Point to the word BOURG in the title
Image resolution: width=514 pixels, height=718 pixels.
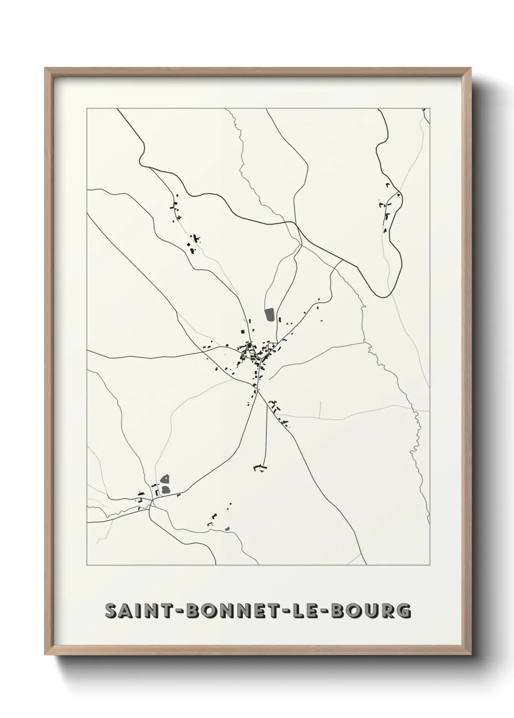372,611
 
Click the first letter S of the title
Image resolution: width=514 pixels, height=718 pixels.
112,611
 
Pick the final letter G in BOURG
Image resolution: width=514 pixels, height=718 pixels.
403,611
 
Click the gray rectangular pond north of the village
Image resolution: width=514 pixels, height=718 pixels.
270,314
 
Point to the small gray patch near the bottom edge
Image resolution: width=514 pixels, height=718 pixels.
227,528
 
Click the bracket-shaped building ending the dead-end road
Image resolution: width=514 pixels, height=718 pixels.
260,467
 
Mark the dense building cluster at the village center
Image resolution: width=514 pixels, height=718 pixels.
253,353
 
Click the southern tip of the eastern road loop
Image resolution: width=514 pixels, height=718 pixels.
389,295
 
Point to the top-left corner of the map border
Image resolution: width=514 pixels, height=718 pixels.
87,109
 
